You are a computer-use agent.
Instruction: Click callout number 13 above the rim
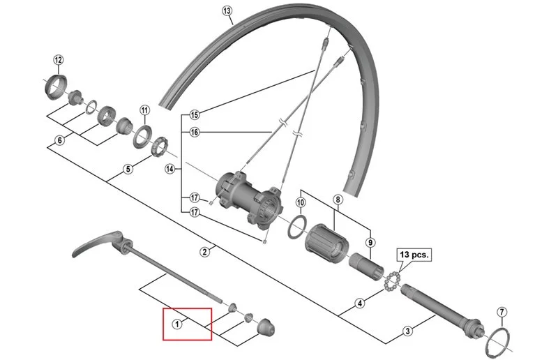227,11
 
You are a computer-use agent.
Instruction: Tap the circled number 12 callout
59,60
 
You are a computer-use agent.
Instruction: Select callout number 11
144,110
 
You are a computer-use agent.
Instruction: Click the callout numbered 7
502,313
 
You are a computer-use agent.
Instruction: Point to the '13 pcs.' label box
414,255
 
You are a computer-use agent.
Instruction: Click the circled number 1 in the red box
177,324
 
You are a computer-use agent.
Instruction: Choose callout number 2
204,252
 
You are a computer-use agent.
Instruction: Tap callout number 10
301,202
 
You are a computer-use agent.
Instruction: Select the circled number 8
338,200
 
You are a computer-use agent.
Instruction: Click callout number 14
169,169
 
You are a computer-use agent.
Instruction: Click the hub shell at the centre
249,197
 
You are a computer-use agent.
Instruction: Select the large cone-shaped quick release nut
266,327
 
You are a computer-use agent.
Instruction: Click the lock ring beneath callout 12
56,87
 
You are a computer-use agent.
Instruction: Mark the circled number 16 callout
195,133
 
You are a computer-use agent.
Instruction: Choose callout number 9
370,243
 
